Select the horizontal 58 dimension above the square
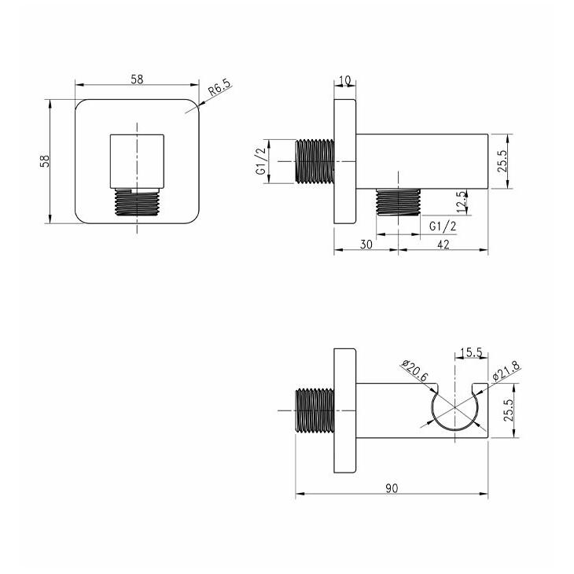point(138,79)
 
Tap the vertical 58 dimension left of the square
point(45,161)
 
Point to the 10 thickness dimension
point(345,79)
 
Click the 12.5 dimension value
point(462,202)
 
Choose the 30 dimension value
point(366,245)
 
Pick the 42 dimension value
point(443,245)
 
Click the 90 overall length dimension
point(392,488)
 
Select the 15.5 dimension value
point(471,352)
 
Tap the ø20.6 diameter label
point(414,371)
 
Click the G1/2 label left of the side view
point(261,162)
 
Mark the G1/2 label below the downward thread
point(443,226)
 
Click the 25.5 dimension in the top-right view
point(502,161)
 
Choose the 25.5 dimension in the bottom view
point(509,410)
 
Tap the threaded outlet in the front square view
point(138,201)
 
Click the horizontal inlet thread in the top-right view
point(315,161)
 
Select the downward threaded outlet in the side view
point(399,202)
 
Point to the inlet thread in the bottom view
point(315,410)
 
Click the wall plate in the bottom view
point(345,410)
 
